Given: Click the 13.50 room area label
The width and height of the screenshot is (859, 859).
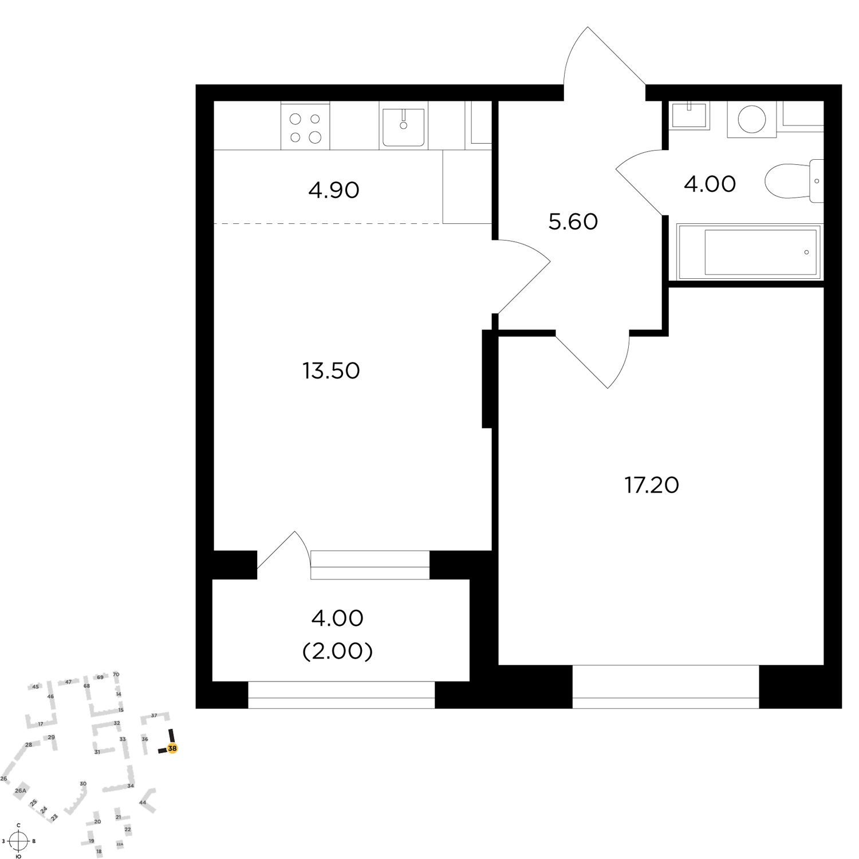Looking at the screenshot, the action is click(331, 371).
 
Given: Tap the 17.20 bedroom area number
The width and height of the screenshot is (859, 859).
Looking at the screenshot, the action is click(652, 485).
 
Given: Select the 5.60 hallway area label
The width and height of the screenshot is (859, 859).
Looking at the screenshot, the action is click(573, 222).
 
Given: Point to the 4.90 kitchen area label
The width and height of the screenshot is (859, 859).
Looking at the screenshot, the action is click(334, 190).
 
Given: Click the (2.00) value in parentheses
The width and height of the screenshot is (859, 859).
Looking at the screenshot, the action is click(338, 651).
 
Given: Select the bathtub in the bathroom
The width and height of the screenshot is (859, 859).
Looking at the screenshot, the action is click(749, 252).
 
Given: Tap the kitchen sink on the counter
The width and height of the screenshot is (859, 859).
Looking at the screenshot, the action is click(404, 126).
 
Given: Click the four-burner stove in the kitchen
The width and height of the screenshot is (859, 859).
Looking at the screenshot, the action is click(305, 127).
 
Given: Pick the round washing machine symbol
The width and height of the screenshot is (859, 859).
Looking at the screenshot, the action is click(752, 120).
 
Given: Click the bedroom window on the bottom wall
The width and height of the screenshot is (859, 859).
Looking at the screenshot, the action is click(665, 687).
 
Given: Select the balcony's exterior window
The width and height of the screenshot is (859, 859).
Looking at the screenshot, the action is click(341, 695).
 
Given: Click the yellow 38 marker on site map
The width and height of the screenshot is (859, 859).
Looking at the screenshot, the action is click(172, 748).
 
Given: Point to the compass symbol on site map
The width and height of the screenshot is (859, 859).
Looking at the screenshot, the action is click(18, 841).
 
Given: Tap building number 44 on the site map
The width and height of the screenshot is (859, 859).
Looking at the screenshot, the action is click(143, 802).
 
